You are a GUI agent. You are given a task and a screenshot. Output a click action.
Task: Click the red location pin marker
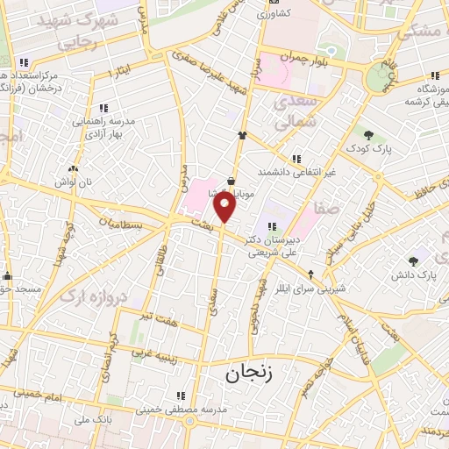[225, 208]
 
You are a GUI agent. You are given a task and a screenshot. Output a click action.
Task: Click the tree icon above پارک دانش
[413, 260]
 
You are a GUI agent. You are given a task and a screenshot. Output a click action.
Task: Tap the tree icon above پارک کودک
[369, 134]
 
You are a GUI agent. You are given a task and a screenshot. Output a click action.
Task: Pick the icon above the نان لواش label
[72, 168]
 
